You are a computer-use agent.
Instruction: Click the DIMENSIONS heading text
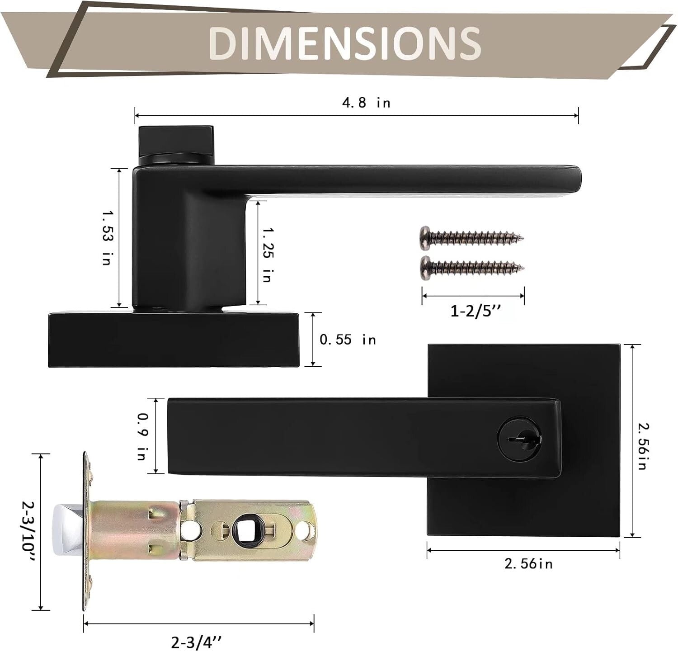(x=344, y=43)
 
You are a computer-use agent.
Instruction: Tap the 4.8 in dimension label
(x=366, y=103)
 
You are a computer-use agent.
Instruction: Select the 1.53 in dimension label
(x=107, y=237)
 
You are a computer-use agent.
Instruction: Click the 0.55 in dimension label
(x=348, y=339)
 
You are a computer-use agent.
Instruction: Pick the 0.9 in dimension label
(x=141, y=436)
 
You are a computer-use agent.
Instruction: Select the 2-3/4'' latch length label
(x=197, y=642)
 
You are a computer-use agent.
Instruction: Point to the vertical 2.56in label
(x=642, y=446)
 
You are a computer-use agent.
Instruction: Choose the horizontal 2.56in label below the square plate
(x=528, y=563)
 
